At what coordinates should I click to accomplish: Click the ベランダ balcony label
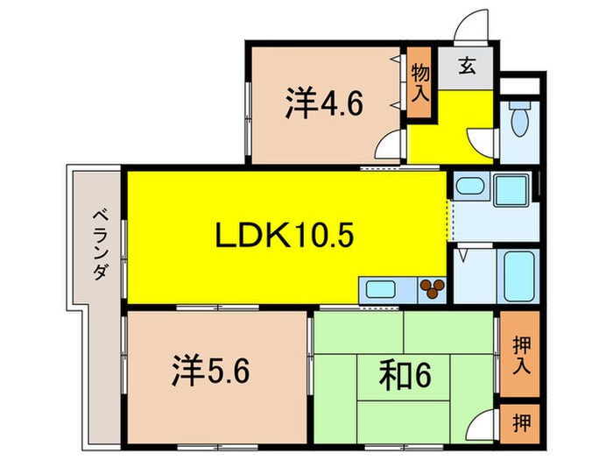99,244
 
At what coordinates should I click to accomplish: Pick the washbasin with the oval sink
471,187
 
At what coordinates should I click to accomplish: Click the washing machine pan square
509,188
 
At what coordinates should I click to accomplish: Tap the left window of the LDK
125,238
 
